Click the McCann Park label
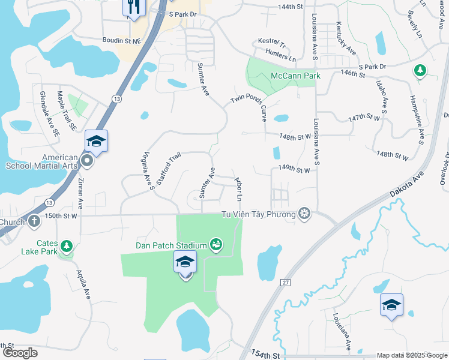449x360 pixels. click(x=296, y=76)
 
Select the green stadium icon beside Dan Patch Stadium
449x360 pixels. click(x=215, y=244)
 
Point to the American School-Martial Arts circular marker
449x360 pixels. click(x=88, y=161)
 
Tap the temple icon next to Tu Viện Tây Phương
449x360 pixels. click(x=305, y=214)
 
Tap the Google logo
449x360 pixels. click(x=20, y=353)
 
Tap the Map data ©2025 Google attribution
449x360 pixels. click(x=411, y=355)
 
